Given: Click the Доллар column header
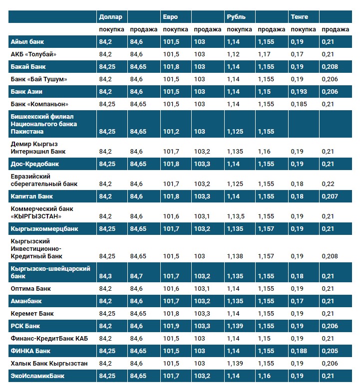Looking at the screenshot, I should coord(110,17).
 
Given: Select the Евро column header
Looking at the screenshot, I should coord(170,17).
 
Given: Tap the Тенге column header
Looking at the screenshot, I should coord(299,17).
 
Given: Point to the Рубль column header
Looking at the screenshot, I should coord(236,17).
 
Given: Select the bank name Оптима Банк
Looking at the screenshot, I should coord(30,289).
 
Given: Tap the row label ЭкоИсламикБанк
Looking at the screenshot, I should coord(37,376).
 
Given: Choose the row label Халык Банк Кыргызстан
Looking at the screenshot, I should coord(49,363).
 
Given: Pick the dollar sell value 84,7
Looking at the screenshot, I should coord(138,276).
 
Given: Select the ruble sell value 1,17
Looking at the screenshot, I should coord(264,54).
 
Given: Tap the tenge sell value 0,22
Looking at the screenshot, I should coord(328,184).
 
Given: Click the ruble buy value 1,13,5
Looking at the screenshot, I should coord(236,216).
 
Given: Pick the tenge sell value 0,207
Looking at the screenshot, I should coord(330,196).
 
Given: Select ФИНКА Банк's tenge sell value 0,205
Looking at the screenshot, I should coord(330,351).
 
